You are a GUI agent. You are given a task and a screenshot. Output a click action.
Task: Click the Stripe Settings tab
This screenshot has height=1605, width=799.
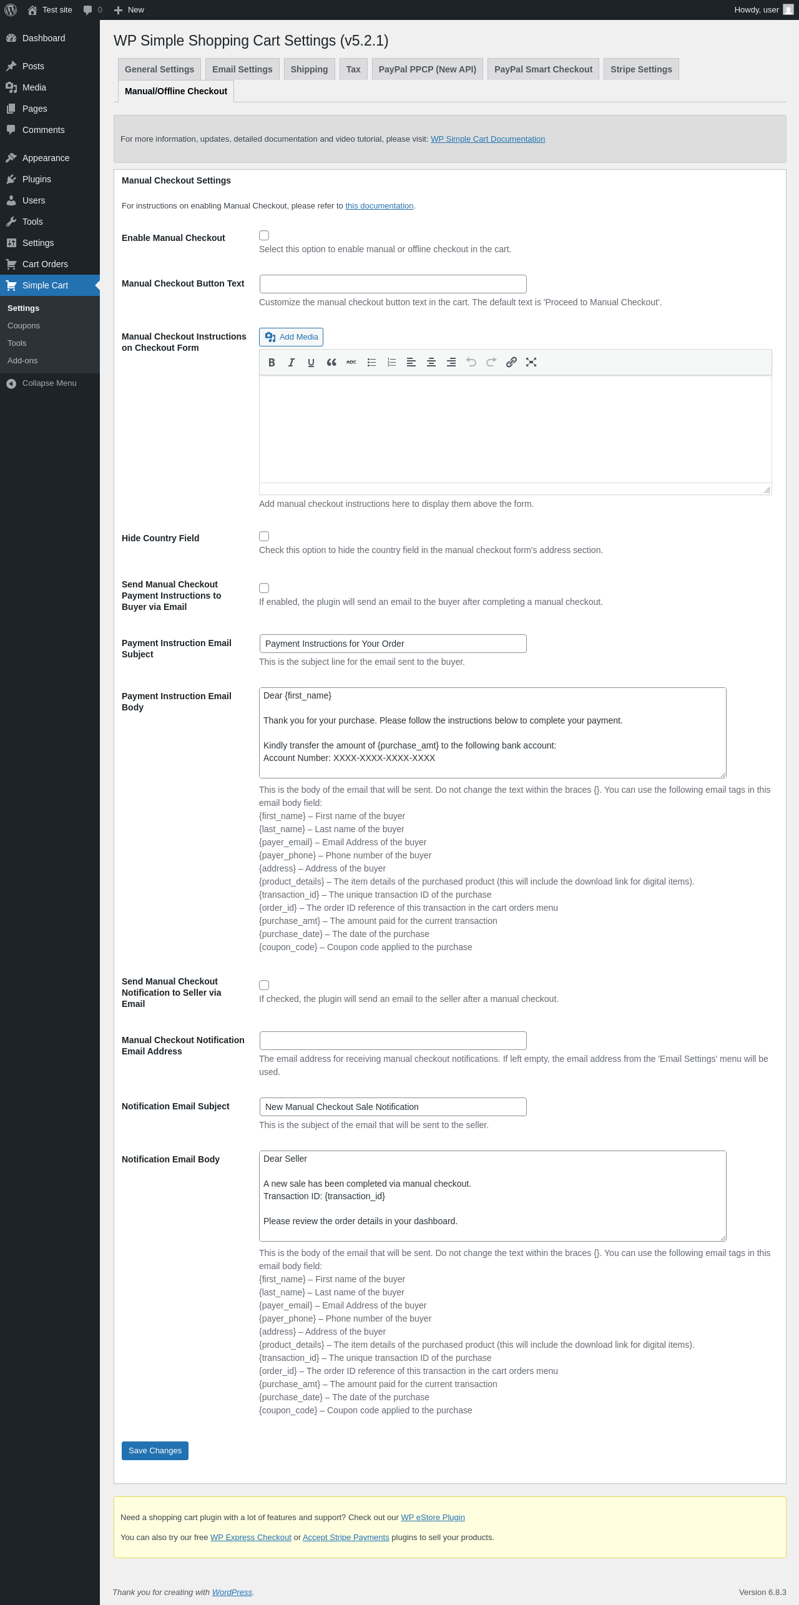641,69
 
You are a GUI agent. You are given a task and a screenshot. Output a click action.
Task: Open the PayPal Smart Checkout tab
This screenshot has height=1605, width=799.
543,69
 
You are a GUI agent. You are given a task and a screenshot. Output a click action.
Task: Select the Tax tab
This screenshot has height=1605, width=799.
353,69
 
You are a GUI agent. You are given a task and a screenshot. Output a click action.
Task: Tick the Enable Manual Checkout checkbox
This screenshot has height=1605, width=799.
264,235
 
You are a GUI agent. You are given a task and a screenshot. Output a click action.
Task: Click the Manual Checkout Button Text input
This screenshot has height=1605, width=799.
393,284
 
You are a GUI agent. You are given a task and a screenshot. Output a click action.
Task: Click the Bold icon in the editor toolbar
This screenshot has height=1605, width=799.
272,362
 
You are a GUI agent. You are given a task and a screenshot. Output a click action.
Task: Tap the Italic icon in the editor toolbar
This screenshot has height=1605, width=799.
292,362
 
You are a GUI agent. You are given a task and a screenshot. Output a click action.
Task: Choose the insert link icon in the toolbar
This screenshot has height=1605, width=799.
511,362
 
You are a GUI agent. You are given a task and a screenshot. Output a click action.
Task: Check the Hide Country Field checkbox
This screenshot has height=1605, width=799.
264,536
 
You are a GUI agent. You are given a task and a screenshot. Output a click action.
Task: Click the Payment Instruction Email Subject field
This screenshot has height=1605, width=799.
393,644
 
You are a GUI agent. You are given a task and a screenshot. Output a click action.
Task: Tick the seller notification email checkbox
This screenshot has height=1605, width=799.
264,985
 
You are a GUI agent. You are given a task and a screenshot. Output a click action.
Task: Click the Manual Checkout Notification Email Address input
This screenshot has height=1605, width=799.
393,1041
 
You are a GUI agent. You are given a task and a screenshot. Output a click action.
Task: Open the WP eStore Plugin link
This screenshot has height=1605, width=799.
433,1518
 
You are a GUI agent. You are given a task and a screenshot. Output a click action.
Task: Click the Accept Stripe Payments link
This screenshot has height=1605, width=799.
346,1538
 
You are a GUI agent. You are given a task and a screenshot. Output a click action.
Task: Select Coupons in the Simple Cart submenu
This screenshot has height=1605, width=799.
24,326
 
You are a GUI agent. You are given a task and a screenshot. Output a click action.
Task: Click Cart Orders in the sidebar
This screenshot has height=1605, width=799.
45,264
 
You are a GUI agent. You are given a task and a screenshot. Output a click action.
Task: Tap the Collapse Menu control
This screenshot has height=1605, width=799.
49,383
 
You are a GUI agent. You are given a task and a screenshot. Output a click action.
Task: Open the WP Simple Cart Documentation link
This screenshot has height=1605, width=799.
488,139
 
